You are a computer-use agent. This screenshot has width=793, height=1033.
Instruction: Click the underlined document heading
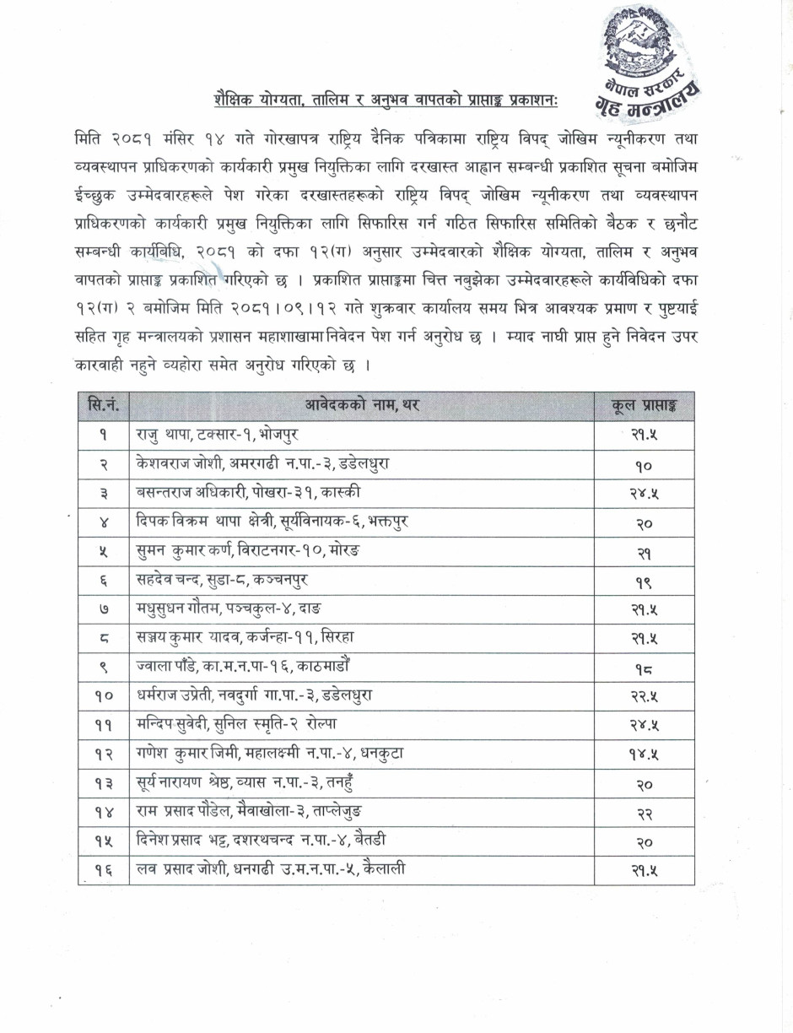391,100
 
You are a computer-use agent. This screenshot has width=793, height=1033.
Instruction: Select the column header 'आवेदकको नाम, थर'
362,406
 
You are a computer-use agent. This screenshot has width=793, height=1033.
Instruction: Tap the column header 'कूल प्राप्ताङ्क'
645,406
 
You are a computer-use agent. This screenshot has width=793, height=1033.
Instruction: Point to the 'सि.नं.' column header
103,406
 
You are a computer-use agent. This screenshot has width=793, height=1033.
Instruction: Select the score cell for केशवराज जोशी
645,464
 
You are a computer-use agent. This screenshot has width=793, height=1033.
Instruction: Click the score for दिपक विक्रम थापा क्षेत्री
645,522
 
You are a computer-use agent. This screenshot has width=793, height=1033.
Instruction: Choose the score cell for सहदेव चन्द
645,580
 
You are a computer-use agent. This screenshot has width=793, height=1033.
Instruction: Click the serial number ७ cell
103,608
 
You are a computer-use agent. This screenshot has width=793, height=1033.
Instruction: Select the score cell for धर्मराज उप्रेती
645,695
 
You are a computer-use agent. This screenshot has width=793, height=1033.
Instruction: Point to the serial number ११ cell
103,724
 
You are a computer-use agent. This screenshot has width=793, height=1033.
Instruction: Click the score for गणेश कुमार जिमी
645,754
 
